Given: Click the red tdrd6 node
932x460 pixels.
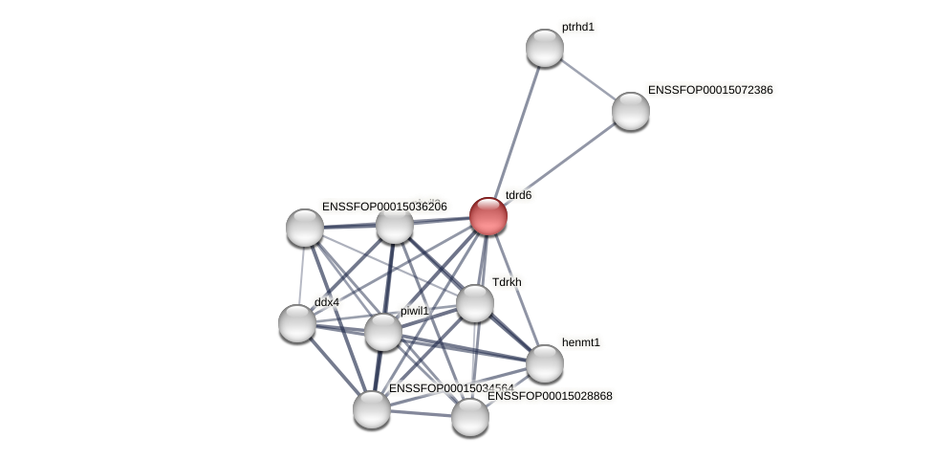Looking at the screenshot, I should pos(488,216).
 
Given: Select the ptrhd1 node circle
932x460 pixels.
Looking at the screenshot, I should pos(545,48).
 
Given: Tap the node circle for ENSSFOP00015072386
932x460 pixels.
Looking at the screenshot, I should pos(631,111).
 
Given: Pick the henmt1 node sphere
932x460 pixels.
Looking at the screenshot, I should pos(545,363).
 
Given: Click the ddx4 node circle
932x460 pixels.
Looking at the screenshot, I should pos(297,323).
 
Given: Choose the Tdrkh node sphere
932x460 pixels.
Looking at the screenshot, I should pos(475,303).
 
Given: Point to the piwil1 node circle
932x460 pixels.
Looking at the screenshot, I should pos(383,332).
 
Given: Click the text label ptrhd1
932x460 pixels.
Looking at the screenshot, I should pos(578,27).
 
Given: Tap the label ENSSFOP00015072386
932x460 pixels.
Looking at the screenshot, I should pos(710,90).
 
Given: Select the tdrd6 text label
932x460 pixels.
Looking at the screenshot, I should pos(518,195).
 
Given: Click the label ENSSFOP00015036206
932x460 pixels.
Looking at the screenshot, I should pos(384,207).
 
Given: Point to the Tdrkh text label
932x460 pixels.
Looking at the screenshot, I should pos(507,282).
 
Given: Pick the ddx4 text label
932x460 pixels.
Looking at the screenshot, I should pos(327,302).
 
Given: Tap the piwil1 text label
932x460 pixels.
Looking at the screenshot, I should pos(415,311).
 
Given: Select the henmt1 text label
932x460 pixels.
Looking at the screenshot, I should pos(581,342).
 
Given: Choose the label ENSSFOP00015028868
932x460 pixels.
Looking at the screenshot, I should pos(550,396).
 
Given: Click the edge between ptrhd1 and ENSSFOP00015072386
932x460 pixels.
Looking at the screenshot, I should pos(588,79).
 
